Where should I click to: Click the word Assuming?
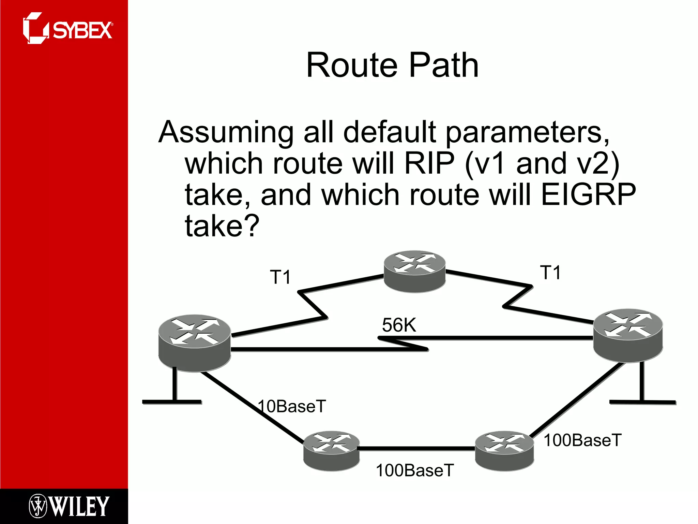(226, 132)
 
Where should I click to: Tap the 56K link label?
(399, 325)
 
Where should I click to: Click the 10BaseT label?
(292, 406)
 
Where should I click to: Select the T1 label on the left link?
(280, 277)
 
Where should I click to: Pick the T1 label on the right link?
(550, 273)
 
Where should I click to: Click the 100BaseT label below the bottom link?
(415, 470)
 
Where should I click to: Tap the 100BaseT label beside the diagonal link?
(582, 440)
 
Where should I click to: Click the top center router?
(414, 272)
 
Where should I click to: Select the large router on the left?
(195, 343)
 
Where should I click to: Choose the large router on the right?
(628, 335)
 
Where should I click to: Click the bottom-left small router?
(331, 451)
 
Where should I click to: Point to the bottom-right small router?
(504, 451)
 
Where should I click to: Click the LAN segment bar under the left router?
(172, 402)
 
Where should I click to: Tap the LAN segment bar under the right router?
(642, 403)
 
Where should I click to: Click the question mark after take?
(252, 226)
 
